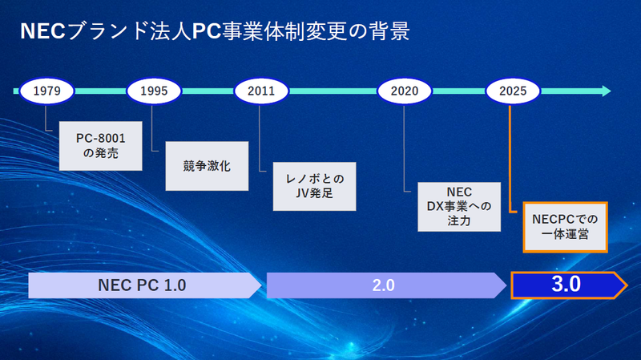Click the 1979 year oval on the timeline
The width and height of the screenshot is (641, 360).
point(46,91)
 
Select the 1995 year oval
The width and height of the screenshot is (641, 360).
point(153,91)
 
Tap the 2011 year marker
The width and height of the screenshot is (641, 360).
point(260,91)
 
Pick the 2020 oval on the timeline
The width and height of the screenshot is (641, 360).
point(404,91)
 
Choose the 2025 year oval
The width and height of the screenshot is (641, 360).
point(512,91)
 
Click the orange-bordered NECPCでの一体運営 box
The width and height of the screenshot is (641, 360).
point(560,227)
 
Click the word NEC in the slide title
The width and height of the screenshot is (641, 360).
point(38,31)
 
